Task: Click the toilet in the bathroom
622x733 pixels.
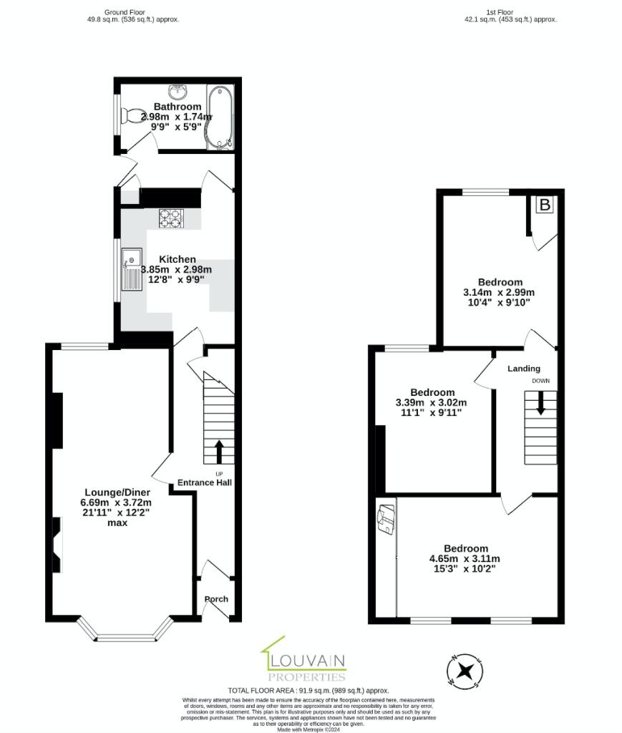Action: (132, 115)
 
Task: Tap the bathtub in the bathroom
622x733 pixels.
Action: (220, 117)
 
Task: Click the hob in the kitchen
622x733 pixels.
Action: (171, 218)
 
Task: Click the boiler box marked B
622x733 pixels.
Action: (545, 205)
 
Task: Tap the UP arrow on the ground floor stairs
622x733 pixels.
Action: (219, 452)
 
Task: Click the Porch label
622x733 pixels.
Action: (216, 599)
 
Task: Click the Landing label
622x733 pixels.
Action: (524, 369)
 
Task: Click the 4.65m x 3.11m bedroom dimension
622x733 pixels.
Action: (465, 559)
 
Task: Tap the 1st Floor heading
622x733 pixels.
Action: (500, 12)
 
